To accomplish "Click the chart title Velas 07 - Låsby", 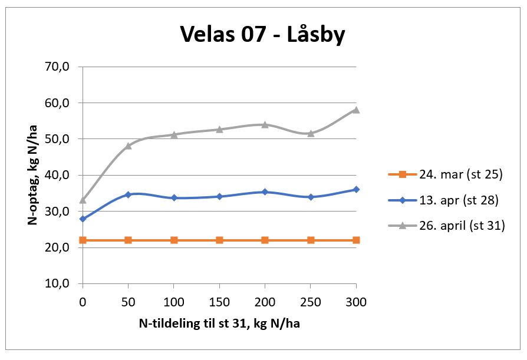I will point(262,35).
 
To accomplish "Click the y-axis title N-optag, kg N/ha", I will point(34,175).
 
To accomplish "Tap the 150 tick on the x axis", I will point(219,302).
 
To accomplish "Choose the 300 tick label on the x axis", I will point(356,302).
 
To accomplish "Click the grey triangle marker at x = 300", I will point(356,110).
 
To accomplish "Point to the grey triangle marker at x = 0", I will point(83,200).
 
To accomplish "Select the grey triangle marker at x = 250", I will point(311,133).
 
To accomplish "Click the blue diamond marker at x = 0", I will point(83,219).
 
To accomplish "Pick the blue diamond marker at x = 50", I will point(129,194).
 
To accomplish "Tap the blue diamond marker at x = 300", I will point(356,190).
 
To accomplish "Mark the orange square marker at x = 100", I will point(174,240).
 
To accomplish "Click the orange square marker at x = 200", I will point(265,240).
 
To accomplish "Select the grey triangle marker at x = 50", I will point(129,146).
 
